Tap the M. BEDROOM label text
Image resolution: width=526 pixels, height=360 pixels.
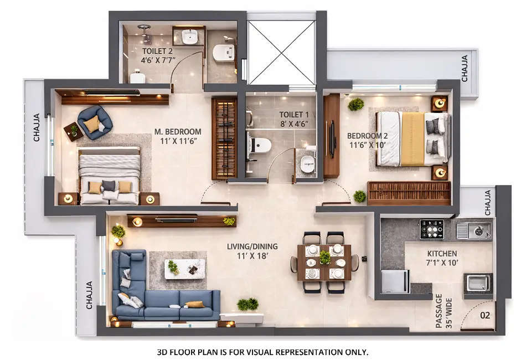(x=178, y=132)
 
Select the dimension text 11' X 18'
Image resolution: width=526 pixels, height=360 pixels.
(x=252, y=256)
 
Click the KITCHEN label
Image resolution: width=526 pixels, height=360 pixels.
(x=442, y=253)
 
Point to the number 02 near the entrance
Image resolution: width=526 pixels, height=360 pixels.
(x=485, y=316)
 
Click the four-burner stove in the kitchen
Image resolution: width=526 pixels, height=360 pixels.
(x=431, y=229)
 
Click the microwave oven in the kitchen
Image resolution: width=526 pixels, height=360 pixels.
(x=477, y=283)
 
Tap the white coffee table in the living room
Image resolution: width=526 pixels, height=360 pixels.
(x=184, y=269)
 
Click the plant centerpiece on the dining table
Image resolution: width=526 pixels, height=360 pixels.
(x=324, y=258)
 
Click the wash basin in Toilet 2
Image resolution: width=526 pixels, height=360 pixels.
(x=190, y=37)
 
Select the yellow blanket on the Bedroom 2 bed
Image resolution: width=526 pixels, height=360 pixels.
(x=412, y=139)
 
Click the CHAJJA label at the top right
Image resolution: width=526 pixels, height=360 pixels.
(x=465, y=68)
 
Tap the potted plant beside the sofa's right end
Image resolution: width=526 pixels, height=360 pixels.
(x=247, y=304)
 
